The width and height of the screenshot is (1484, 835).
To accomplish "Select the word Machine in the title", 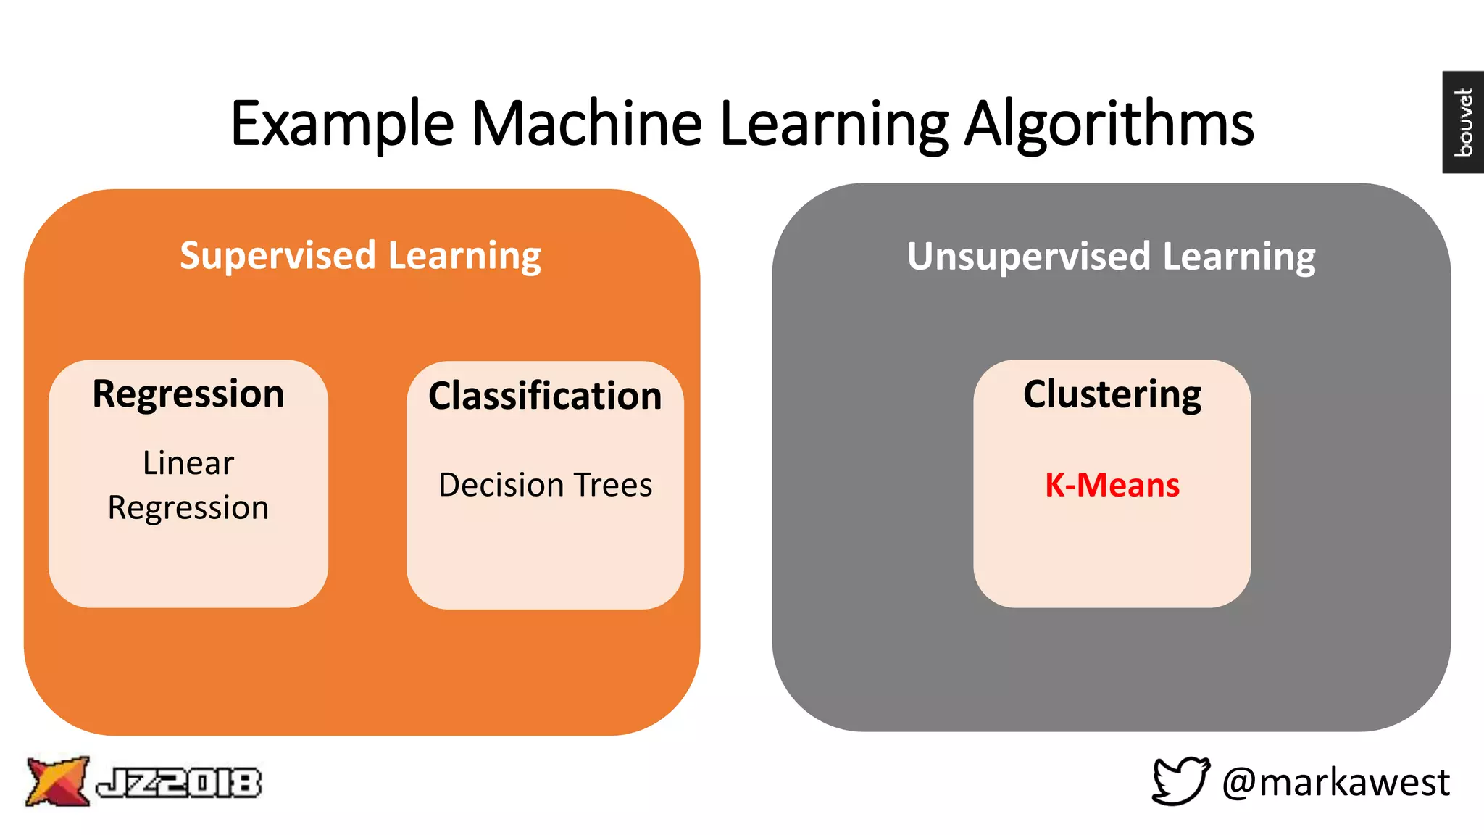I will pyautogui.click(x=587, y=123).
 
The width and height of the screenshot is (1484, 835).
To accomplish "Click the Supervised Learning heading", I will pyautogui.click(x=360, y=256).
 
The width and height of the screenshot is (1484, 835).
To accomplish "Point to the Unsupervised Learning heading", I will pyautogui.click(x=1111, y=257).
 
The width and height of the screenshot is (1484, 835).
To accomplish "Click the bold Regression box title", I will pyautogui.click(x=188, y=395).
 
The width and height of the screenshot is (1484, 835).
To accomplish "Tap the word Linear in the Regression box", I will pyautogui.click(x=188, y=463).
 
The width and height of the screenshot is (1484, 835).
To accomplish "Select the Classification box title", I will pyautogui.click(x=545, y=396).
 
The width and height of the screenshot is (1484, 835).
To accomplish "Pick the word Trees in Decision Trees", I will pyautogui.click(x=614, y=485).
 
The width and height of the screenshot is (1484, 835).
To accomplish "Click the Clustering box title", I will pyautogui.click(x=1112, y=395).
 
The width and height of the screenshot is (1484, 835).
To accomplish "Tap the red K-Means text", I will pyautogui.click(x=1112, y=485).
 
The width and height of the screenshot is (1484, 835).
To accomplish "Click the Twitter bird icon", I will pyautogui.click(x=1180, y=781).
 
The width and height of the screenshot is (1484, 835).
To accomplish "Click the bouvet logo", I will pyautogui.click(x=1463, y=122).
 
